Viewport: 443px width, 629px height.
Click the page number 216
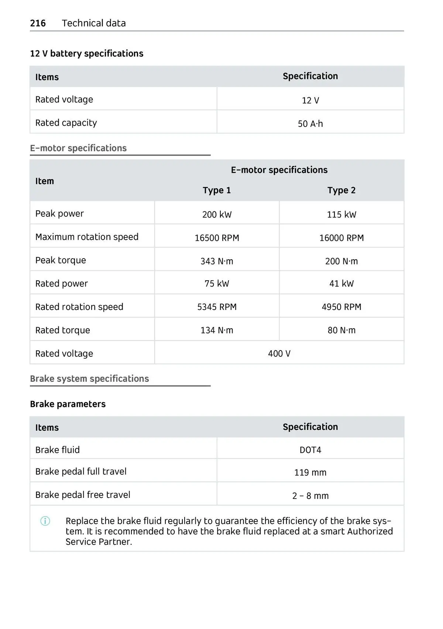(x=38, y=23)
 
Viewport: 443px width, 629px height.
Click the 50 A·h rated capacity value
(x=310, y=124)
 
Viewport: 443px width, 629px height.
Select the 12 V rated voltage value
(x=310, y=100)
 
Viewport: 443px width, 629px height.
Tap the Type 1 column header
(x=217, y=190)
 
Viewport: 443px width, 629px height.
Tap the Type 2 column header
(x=341, y=190)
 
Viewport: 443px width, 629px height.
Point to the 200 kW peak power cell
(x=217, y=215)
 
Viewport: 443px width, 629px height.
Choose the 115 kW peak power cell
(x=341, y=215)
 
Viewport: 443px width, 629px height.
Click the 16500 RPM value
(x=217, y=238)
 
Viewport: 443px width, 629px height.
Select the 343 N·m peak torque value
(x=217, y=261)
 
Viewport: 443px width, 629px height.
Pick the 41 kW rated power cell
(x=341, y=284)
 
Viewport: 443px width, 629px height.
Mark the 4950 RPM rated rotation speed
(x=341, y=307)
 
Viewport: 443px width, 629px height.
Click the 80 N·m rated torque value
(x=341, y=330)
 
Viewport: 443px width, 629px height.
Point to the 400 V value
(x=279, y=353)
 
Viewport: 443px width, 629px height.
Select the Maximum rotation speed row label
(x=87, y=237)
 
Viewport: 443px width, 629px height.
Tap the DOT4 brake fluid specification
(x=310, y=450)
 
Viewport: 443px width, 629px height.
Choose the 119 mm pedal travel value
(x=310, y=472)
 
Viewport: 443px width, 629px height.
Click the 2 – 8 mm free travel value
(x=310, y=496)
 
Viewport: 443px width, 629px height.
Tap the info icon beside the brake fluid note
(x=45, y=521)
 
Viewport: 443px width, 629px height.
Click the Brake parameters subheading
(x=68, y=404)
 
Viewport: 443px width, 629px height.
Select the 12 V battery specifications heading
(x=86, y=54)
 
